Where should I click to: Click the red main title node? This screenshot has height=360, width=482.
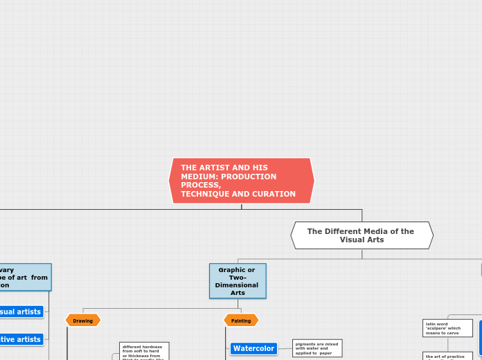(241, 181)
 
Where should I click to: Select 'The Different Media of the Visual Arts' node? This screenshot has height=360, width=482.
(361, 235)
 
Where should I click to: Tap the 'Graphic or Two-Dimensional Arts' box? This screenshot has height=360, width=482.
(238, 280)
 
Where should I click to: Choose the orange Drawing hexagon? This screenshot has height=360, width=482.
(83, 321)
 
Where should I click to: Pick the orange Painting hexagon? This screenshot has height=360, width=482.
(241, 321)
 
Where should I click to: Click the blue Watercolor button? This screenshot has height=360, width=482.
(253, 348)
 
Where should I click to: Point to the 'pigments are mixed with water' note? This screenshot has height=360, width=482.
(317, 348)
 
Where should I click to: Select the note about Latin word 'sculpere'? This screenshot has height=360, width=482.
(447, 327)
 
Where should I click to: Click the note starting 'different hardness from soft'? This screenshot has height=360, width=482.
(144, 351)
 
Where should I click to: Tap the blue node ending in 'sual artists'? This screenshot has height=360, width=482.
(21, 312)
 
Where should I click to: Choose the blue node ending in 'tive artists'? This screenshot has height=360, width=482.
(21, 339)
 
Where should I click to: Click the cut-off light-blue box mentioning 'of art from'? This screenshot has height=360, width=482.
(24, 277)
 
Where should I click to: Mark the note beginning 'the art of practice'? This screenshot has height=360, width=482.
(447, 356)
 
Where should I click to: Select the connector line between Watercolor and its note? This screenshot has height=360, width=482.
(285, 348)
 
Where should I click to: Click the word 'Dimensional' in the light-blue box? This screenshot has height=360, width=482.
(237, 285)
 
